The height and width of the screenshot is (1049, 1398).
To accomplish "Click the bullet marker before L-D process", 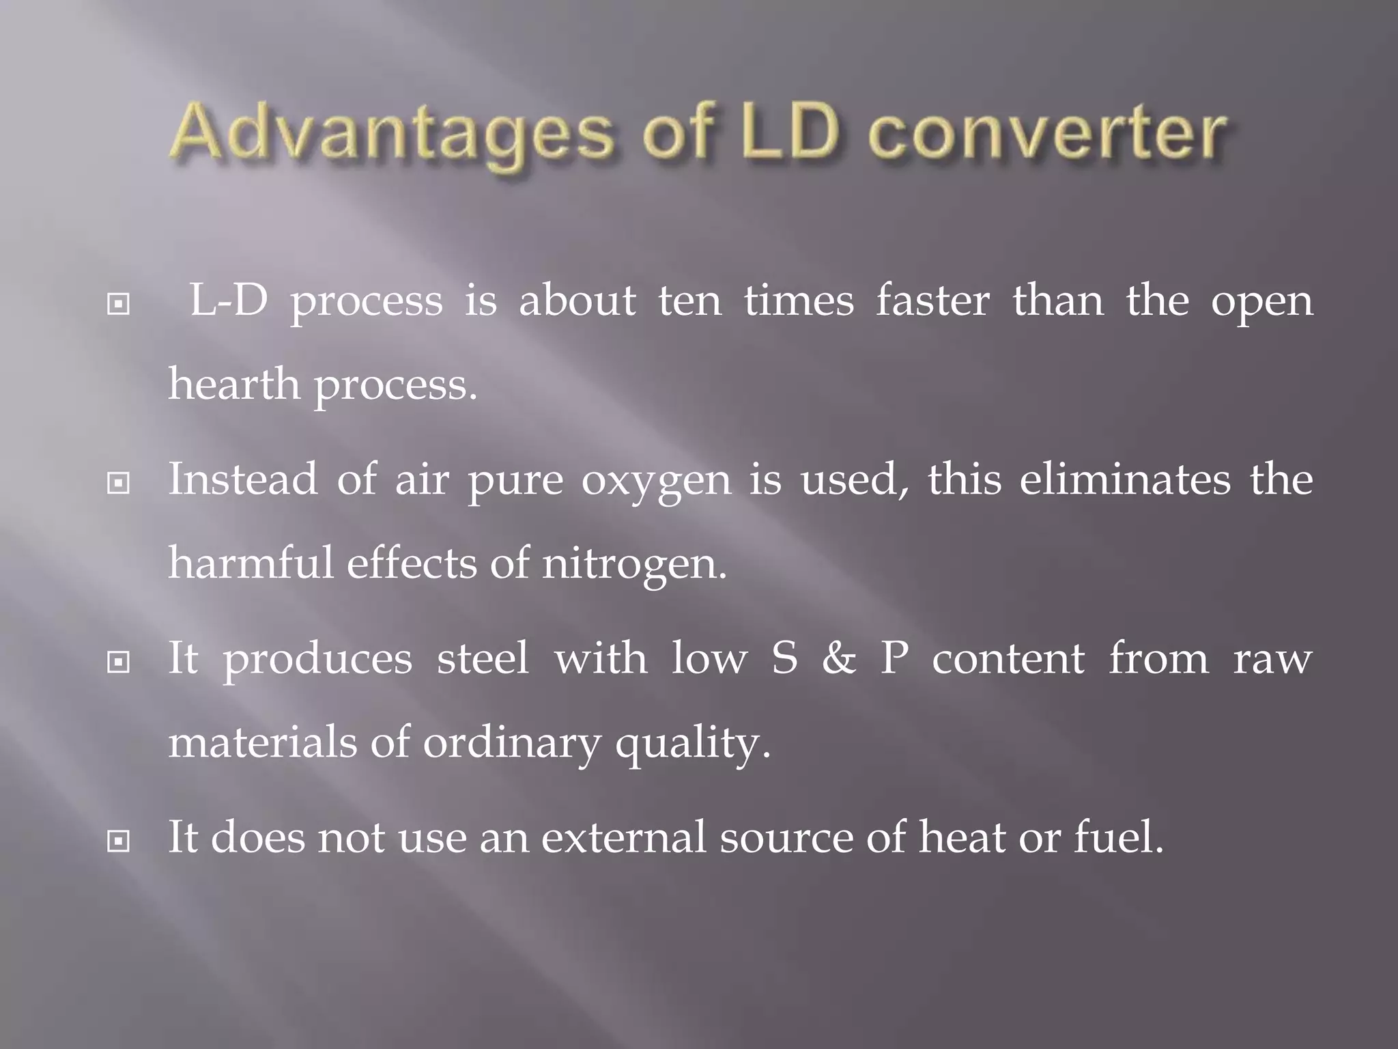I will [119, 304].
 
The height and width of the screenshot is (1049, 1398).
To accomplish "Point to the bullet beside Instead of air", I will [119, 484].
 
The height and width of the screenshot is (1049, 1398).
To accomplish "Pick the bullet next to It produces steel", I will [119, 662].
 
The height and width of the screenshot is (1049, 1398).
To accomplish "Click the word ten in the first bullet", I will [689, 301].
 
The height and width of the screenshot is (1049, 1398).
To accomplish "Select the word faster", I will [932, 300].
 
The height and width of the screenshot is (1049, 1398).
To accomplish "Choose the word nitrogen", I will [634, 565].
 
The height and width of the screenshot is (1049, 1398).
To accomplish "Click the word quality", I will [692, 744].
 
